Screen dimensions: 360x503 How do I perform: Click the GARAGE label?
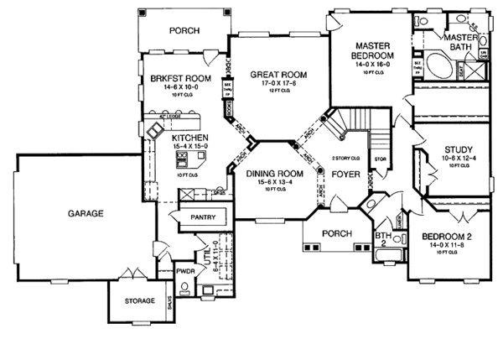[86, 214]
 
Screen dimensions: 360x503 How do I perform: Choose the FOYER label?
[345, 176]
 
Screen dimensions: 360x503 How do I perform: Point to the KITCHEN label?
[190, 137]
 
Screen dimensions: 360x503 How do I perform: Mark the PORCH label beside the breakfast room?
[184, 30]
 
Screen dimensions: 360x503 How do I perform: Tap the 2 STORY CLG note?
[345, 158]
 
